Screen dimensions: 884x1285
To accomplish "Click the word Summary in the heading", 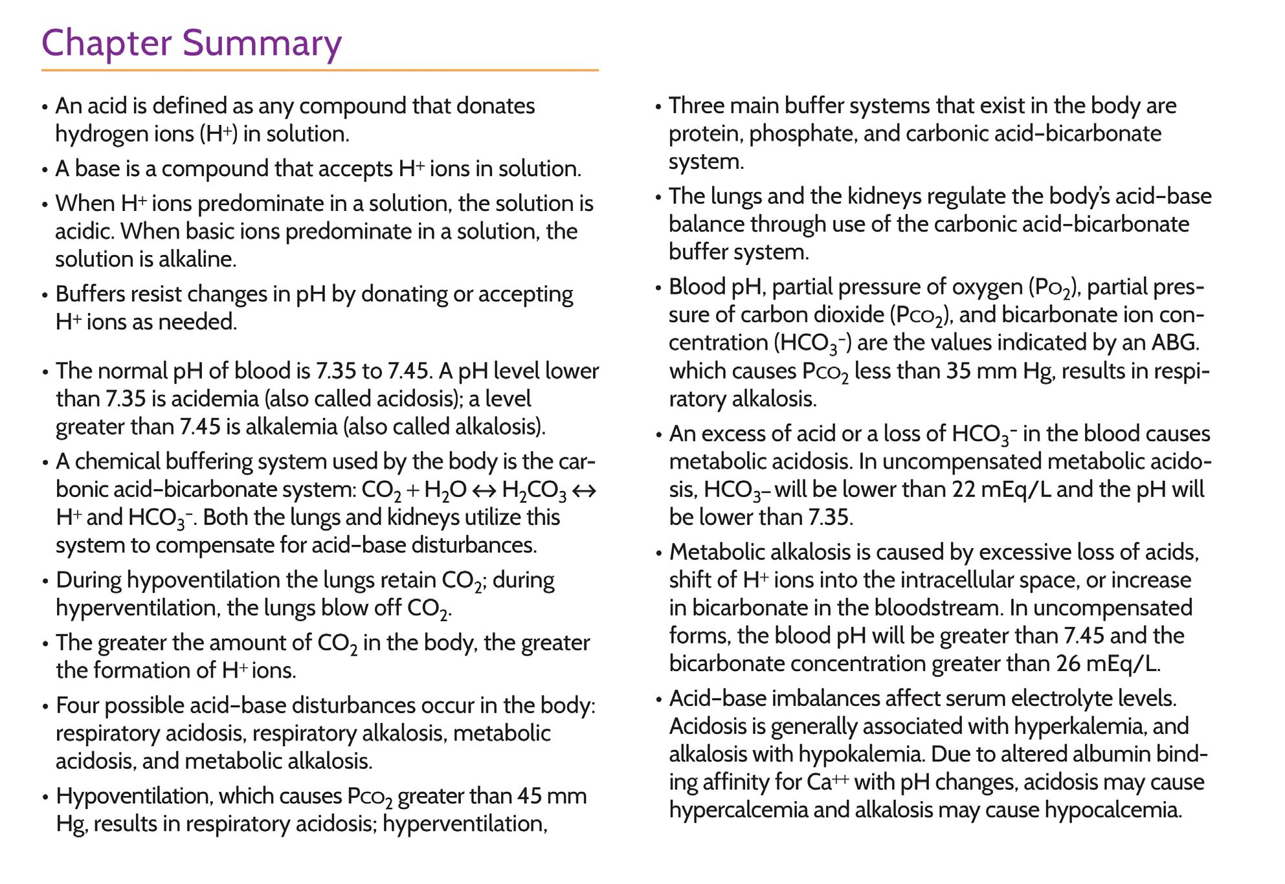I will click(262, 44).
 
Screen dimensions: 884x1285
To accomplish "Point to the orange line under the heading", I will click(320, 70).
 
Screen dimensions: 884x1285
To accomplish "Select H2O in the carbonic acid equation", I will click(445, 491).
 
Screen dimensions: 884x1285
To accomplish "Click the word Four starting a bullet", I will click(79, 705).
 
